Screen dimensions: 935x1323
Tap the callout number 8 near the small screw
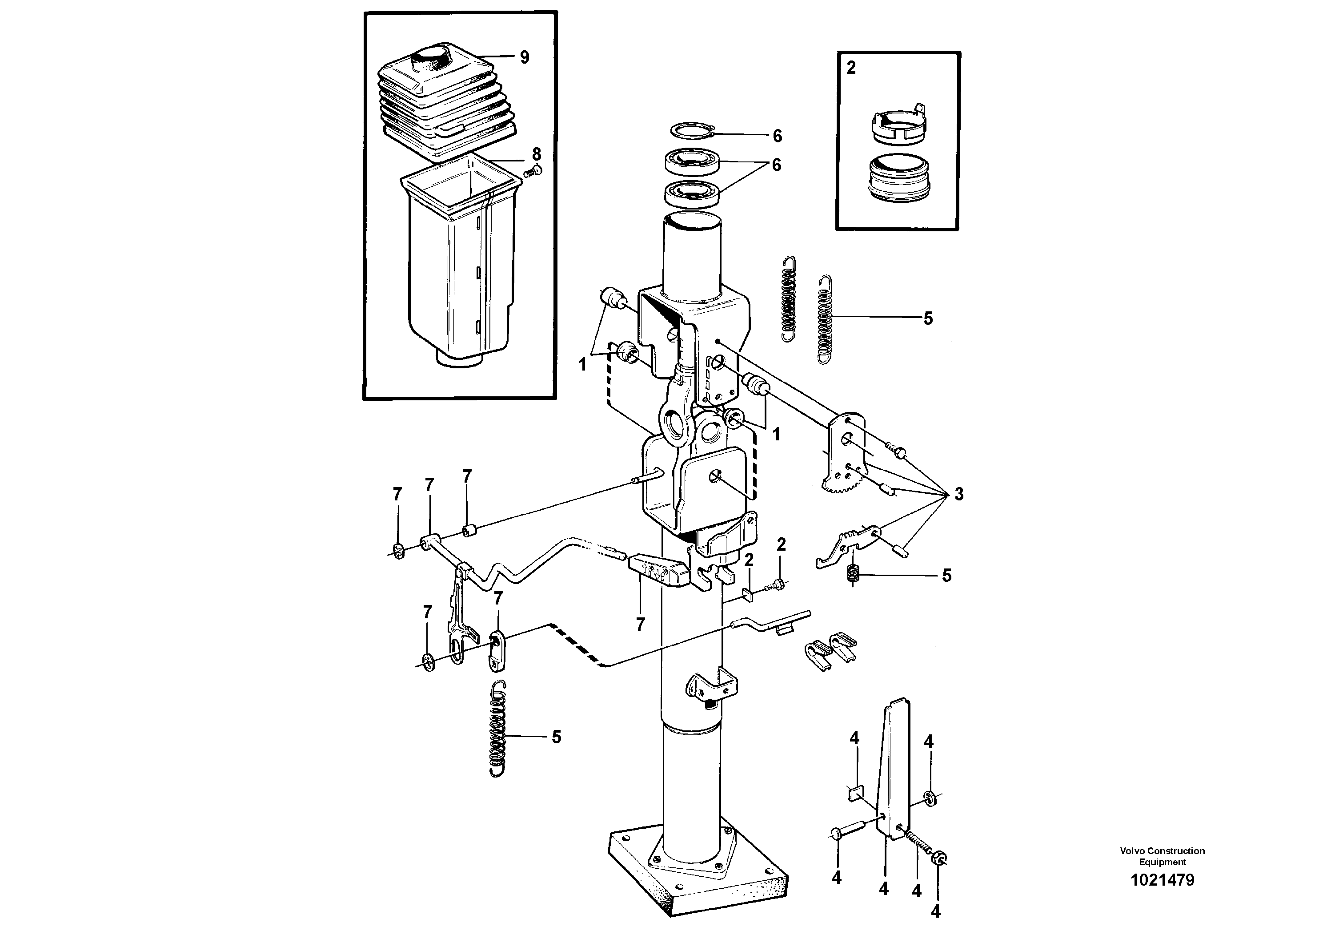537,154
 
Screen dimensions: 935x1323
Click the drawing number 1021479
1162,880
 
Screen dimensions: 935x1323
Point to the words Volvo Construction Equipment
1162,856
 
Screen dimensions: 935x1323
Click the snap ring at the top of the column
694,131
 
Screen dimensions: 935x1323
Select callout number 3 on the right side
958,494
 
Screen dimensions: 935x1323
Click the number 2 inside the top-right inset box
851,68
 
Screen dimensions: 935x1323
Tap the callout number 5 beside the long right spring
928,319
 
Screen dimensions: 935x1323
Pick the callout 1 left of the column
582,365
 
